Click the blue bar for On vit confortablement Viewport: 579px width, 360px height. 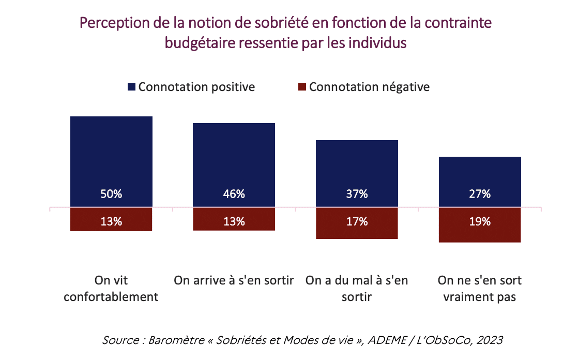(111, 161)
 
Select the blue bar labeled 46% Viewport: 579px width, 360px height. (234, 165)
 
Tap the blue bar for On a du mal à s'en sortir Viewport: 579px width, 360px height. (357, 173)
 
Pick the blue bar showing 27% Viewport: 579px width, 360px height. (480, 182)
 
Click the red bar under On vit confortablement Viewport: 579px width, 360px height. (111, 219)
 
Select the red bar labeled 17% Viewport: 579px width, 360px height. (357, 223)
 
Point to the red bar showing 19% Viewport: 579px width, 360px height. (480, 225)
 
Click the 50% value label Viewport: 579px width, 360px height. (111, 194)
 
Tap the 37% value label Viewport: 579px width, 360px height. (357, 194)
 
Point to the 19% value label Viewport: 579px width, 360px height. (480, 221)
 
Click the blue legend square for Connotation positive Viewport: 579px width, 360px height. (131, 87)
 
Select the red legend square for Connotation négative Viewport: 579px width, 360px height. (302, 87)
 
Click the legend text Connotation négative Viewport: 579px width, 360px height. (369, 87)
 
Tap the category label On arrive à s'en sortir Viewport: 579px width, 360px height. (234, 280)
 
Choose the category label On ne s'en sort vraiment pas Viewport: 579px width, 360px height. (480, 289)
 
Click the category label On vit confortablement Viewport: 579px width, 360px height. (111, 289)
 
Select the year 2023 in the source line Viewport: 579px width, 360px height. (490, 340)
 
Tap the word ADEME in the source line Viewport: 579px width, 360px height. (387, 340)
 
